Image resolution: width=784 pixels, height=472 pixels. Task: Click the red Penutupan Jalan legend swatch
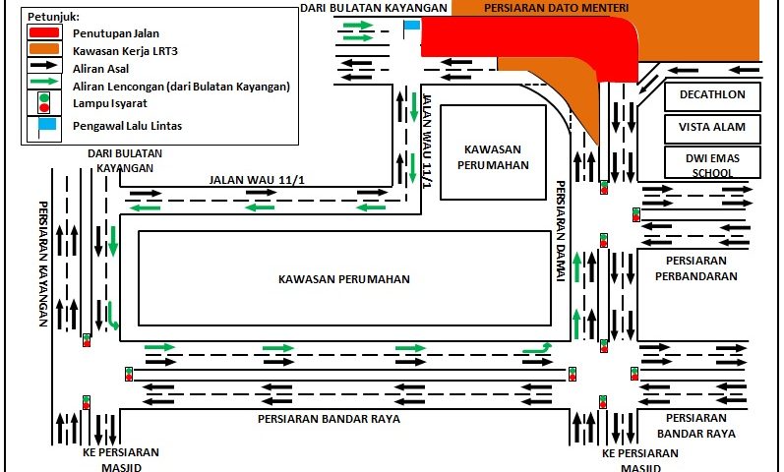pyautogui.click(x=44, y=31)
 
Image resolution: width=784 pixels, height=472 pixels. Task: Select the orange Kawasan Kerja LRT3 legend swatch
pyautogui.click(x=44, y=49)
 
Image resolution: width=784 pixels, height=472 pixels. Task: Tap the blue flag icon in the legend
pyautogui.click(x=42, y=125)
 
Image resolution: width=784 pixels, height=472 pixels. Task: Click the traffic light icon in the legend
pyautogui.click(x=43, y=101)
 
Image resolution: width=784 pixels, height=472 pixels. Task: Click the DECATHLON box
pyautogui.click(x=713, y=96)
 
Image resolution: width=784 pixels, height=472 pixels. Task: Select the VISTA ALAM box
pyautogui.click(x=713, y=127)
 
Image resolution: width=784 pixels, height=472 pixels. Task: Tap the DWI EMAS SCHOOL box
pyautogui.click(x=713, y=164)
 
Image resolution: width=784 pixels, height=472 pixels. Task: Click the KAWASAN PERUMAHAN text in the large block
pyautogui.click(x=343, y=279)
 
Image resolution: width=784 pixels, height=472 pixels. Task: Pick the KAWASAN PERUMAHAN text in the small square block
pyautogui.click(x=492, y=156)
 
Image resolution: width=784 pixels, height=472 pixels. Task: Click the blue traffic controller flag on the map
pyautogui.click(x=411, y=28)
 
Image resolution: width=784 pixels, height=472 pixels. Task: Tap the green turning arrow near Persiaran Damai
pyautogui.click(x=536, y=347)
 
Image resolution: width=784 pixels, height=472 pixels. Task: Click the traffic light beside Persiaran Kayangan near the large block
pyautogui.click(x=88, y=340)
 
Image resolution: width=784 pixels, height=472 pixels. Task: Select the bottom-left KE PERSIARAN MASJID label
pyautogui.click(x=121, y=459)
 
